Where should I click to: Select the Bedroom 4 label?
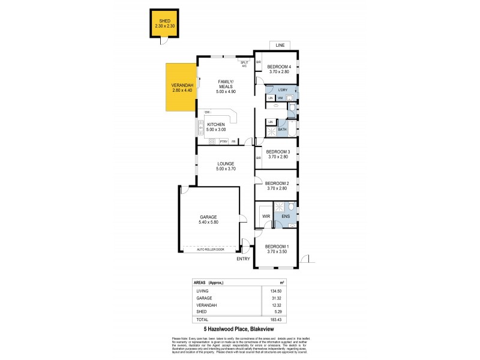tap(278, 66)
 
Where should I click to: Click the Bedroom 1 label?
tap(277, 247)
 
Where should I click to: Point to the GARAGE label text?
tap(208, 217)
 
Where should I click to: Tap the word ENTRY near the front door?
tap(243, 259)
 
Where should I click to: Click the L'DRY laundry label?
tap(283, 90)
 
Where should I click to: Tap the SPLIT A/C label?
tap(244, 63)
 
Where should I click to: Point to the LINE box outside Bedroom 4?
tap(279, 46)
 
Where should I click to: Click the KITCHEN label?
tap(215, 124)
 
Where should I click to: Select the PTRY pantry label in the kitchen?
tap(223, 142)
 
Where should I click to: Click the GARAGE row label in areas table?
tap(204, 298)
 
